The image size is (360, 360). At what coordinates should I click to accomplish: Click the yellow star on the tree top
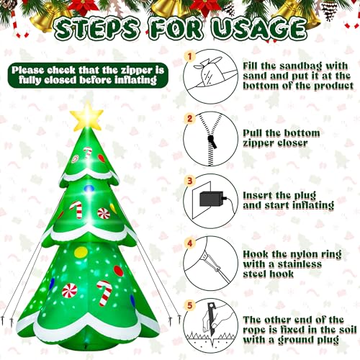pyautogui.click(x=86, y=116)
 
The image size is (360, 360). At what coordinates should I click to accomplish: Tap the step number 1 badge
pyautogui.click(x=190, y=57)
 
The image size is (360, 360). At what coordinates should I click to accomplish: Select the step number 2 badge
pyautogui.click(x=190, y=119)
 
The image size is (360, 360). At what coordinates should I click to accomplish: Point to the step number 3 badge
pyautogui.click(x=190, y=181)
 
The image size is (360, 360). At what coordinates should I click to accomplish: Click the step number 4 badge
pyautogui.click(x=190, y=243)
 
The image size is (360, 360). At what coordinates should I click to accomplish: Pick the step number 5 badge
pyautogui.click(x=190, y=305)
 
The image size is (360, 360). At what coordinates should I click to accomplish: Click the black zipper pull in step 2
pyautogui.click(x=212, y=142)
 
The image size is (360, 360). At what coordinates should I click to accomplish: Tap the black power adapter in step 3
pyautogui.click(x=211, y=199)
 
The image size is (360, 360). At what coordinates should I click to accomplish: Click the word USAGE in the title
pyautogui.click(x=259, y=30)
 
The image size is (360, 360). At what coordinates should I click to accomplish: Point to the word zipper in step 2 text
pyautogui.click(x=258, y=143)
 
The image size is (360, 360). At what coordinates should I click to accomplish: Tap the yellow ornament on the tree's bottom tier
pyautogui.click(x=81, y=252)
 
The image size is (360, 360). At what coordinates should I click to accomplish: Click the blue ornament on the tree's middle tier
pyautogui.click(x=89, y=189)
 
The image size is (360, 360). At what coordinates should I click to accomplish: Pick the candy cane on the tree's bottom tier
pyautogui.click(x=104, y=293)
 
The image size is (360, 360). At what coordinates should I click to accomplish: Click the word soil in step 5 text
pyautogui.click(x=348, y=330)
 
